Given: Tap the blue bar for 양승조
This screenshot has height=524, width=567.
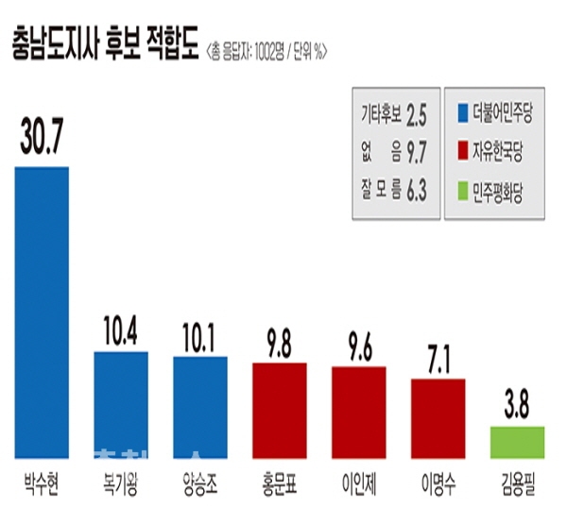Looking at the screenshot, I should point(200,405).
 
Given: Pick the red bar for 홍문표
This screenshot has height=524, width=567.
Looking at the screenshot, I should point(280,408).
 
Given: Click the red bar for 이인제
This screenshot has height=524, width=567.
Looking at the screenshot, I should point(359,410).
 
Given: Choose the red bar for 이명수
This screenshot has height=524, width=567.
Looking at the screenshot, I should point(438,415).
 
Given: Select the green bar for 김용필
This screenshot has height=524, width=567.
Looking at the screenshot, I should point(517,440).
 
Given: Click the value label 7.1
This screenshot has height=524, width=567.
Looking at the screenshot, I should point(438,359).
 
